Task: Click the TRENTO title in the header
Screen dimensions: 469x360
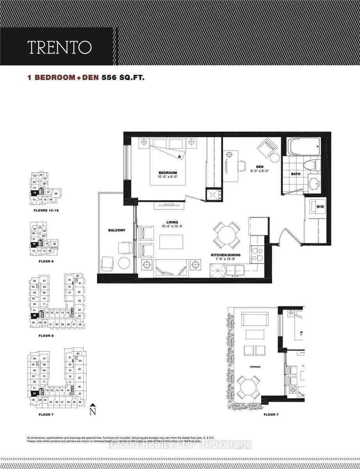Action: point(59,47)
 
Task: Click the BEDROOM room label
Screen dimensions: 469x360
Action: point(168,173)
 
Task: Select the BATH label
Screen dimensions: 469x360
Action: point(296,174)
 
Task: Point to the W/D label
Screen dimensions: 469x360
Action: point(320,206)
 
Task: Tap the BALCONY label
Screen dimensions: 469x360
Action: point(117,230)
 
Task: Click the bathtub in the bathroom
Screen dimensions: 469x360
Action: point(304,148)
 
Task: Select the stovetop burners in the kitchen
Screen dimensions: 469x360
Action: point(257,254)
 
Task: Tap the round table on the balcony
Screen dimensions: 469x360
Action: point(124,263)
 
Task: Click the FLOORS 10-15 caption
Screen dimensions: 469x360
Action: point(46,210)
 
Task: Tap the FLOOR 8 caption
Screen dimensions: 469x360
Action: point(46,335)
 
